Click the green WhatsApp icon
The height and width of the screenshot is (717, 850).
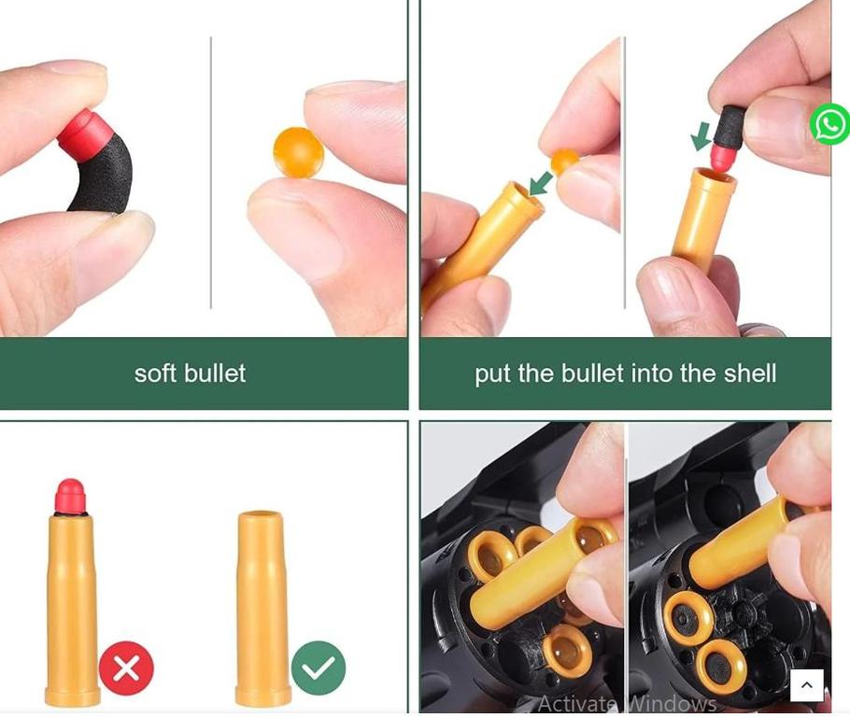[x=829, y=124]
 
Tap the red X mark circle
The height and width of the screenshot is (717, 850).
[x=126, y=668]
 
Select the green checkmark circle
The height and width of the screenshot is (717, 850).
[x=319, y=668]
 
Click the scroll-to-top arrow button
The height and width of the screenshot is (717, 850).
[x=807, y=685]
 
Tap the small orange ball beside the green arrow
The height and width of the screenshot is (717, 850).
[x=564, y=162]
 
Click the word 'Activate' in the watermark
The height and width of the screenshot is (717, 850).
[x=577, y=703]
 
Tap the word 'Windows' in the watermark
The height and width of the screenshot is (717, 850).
[x=673, y=703]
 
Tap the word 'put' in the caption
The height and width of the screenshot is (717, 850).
[x=492, y=374]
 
